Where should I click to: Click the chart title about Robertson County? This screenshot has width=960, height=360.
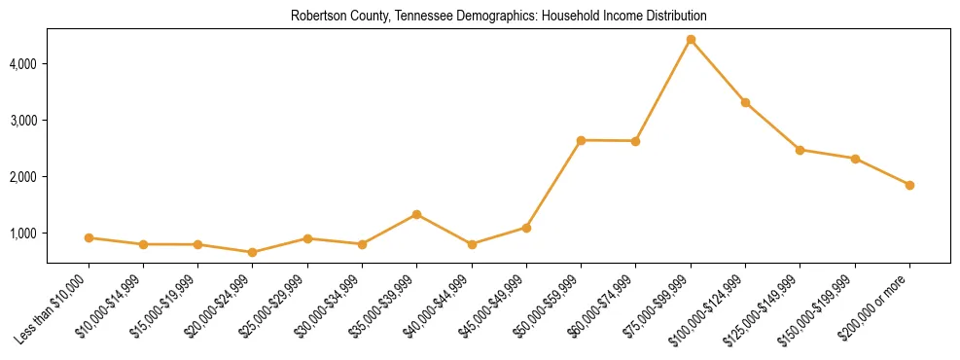coord(498,17)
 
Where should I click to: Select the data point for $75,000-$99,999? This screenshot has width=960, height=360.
coord(691,40)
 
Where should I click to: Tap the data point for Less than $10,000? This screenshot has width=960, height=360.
coord(89,237)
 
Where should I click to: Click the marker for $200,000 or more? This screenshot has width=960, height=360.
coord(909,185)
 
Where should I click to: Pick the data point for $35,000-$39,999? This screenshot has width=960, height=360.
coord(416,214)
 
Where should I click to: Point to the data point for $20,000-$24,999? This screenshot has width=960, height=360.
coord(253,252)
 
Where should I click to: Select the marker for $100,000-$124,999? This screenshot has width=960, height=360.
coord(745,102)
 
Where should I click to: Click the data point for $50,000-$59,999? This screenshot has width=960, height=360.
coord(581,140)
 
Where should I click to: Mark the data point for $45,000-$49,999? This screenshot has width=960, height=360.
coord(526,228)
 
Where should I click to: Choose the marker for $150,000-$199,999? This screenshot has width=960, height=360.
coord(855,159)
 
